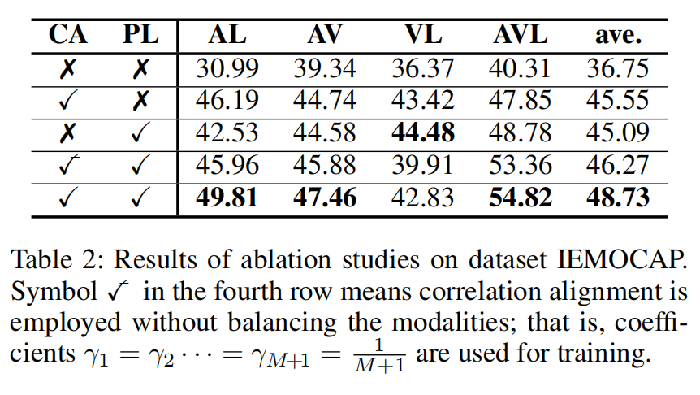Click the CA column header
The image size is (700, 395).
coord(68,35)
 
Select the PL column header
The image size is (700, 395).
coord(140,35)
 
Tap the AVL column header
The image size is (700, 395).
coord(520,35)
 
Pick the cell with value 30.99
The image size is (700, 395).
coord(227,68)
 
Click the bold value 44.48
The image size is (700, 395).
coord(423,132)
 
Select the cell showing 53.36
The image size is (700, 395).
coord(520,165)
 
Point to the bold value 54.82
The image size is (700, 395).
coord(520,197)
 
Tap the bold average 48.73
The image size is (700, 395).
coord(618,197)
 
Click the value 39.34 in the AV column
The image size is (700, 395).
coord(325,68)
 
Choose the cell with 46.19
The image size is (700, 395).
coord(227,100)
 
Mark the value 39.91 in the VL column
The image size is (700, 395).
coord(423,165)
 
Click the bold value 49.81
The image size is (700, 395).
coord(227,197)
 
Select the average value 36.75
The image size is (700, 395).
coord(618,68)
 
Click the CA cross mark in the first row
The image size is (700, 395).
coord(68,69)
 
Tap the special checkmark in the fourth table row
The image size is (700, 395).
coord(69,165)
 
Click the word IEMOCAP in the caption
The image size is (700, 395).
coord(622,259)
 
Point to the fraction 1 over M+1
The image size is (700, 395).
coord(379,356)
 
